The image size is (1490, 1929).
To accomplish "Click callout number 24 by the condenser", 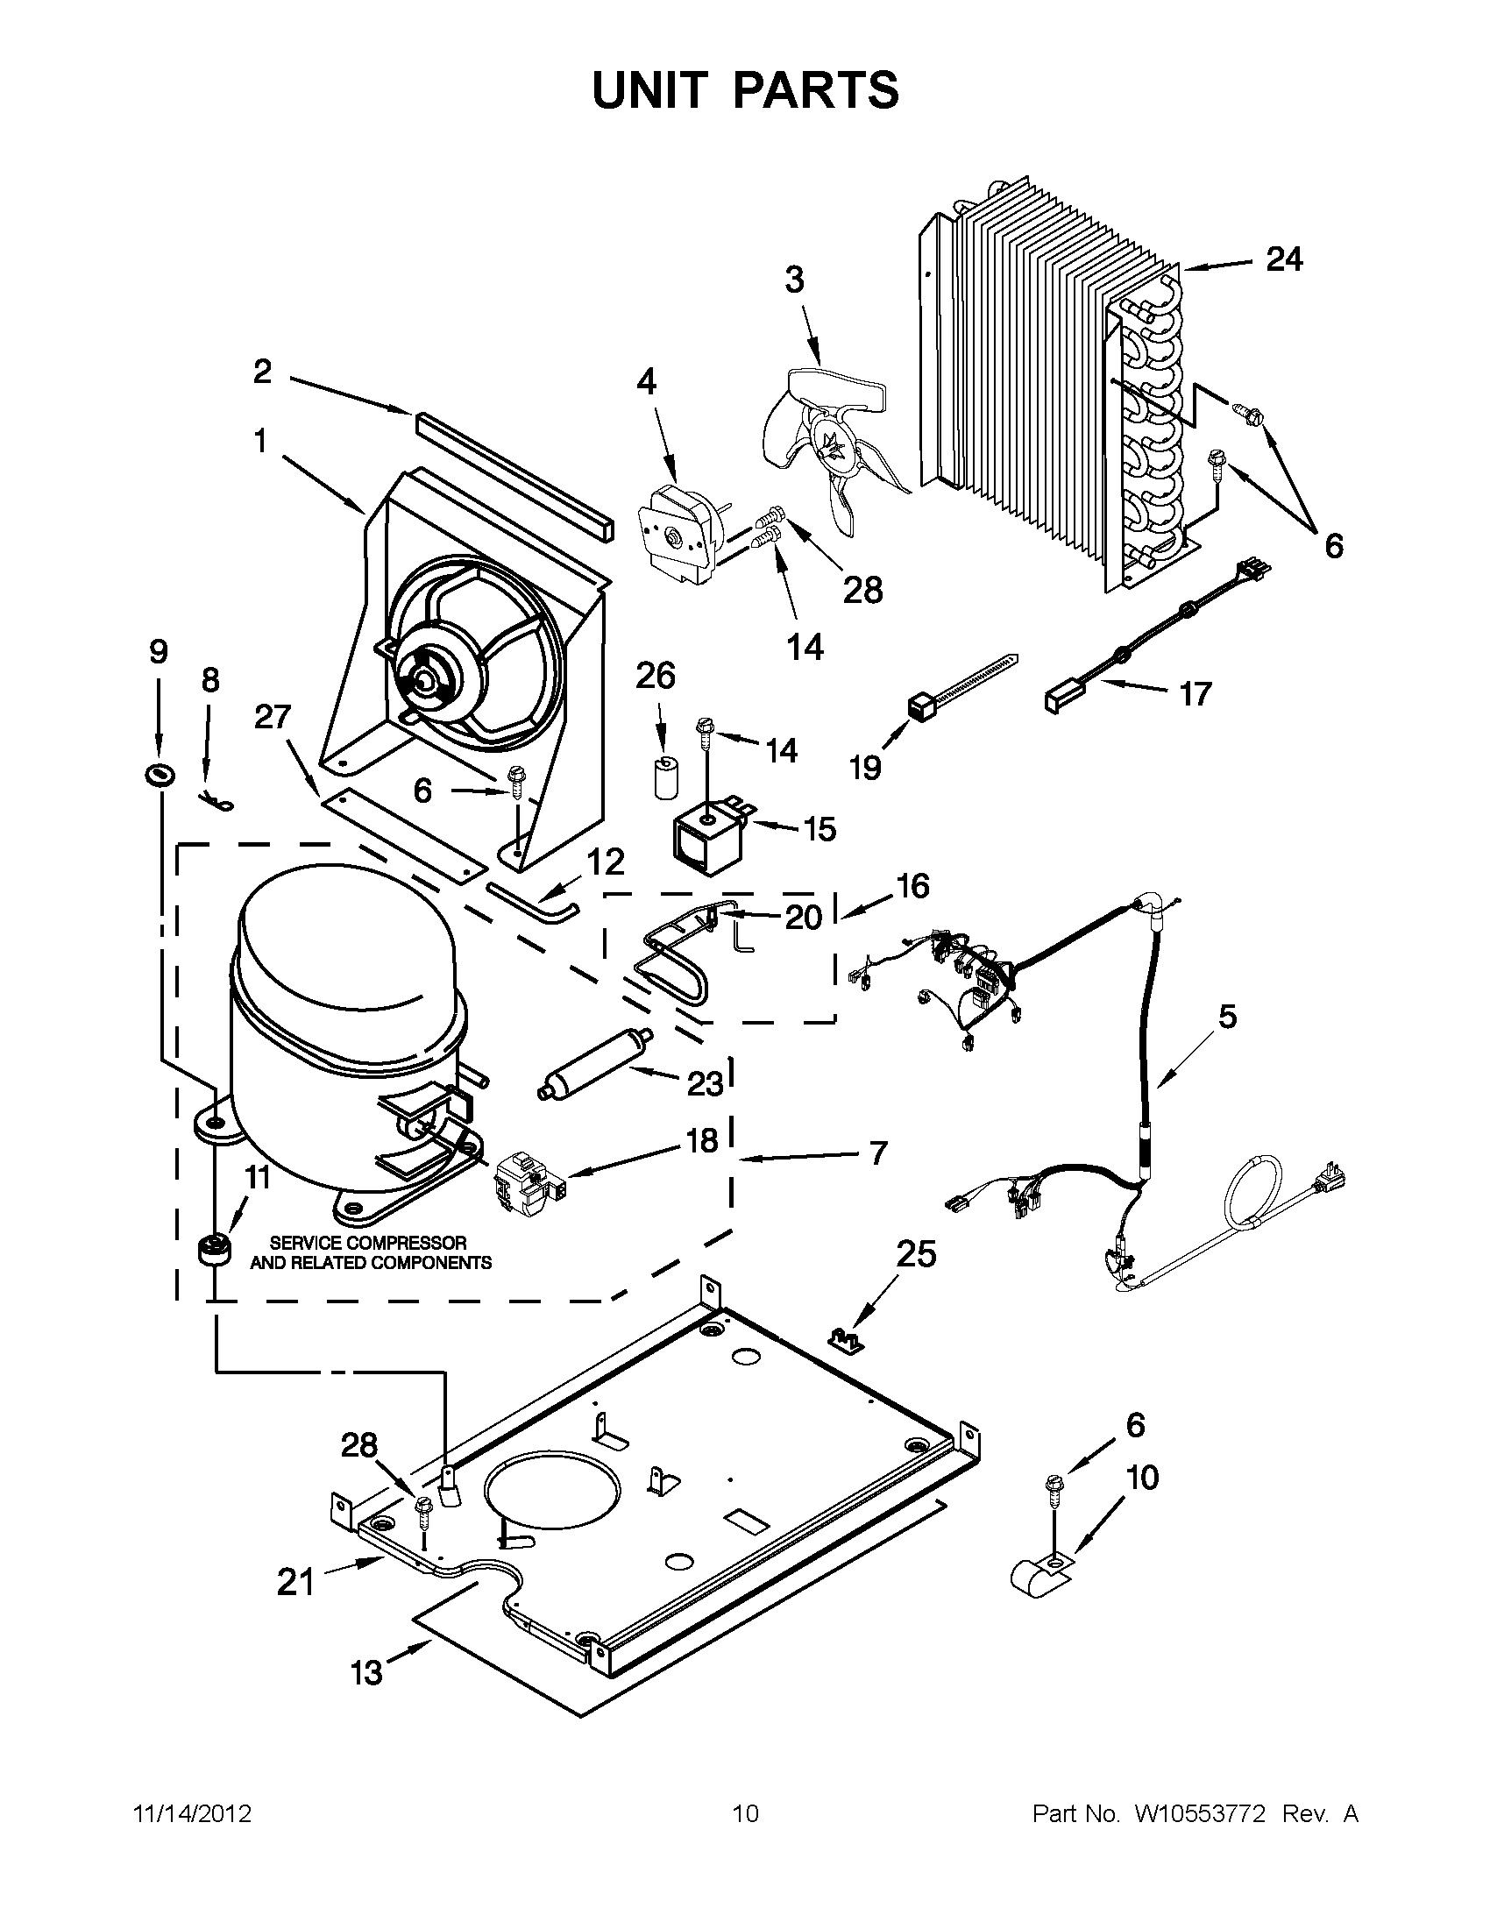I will pyautogui.click(x=1283, y=259).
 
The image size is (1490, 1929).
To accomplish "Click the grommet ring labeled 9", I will pyautogui.click(x=160, y=775).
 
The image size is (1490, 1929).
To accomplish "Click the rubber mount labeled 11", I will pyautogui.click(x=213, y=1251).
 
